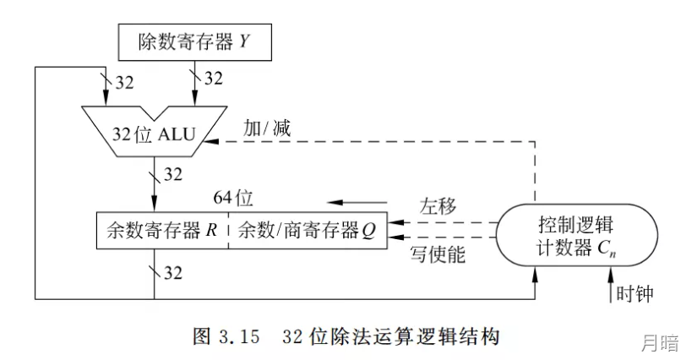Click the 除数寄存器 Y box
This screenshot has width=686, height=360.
coord(195,42)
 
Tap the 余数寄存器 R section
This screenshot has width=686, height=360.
coord(162,231)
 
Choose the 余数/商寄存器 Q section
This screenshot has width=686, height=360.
coord(308,231)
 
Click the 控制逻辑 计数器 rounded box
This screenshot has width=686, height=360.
coord(576,235)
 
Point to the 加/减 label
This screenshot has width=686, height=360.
coord(267,128)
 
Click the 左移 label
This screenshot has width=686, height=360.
coord(438,205)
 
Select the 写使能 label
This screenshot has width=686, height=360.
coord(438,254)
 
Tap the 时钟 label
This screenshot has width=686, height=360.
coord(634,293)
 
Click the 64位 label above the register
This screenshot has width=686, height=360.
coord(233,198)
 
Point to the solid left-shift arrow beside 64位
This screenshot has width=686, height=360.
coord(357,203)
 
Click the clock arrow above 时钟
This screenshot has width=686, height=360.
coord(611,284)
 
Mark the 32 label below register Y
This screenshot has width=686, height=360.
coord(214,79)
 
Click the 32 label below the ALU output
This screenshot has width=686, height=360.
coord(173,175)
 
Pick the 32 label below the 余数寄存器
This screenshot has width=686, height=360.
coord(173,273)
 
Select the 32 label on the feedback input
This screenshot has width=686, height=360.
coord(124,83)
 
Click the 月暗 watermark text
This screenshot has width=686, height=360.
coord(660,342)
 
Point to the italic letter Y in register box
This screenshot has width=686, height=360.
coord(243,41)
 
